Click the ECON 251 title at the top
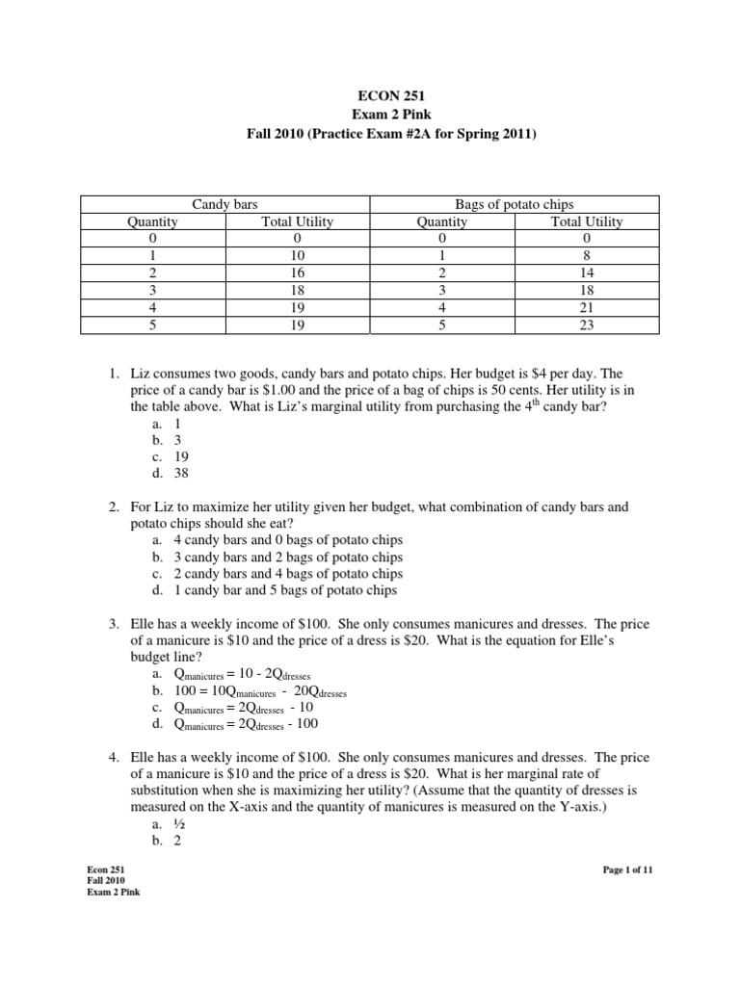370,97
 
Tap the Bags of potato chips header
515,204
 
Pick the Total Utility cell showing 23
586,325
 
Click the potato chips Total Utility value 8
586,256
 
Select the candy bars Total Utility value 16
297,273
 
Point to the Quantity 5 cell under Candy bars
152,325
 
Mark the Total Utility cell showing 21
586,308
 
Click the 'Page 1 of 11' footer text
628,869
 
